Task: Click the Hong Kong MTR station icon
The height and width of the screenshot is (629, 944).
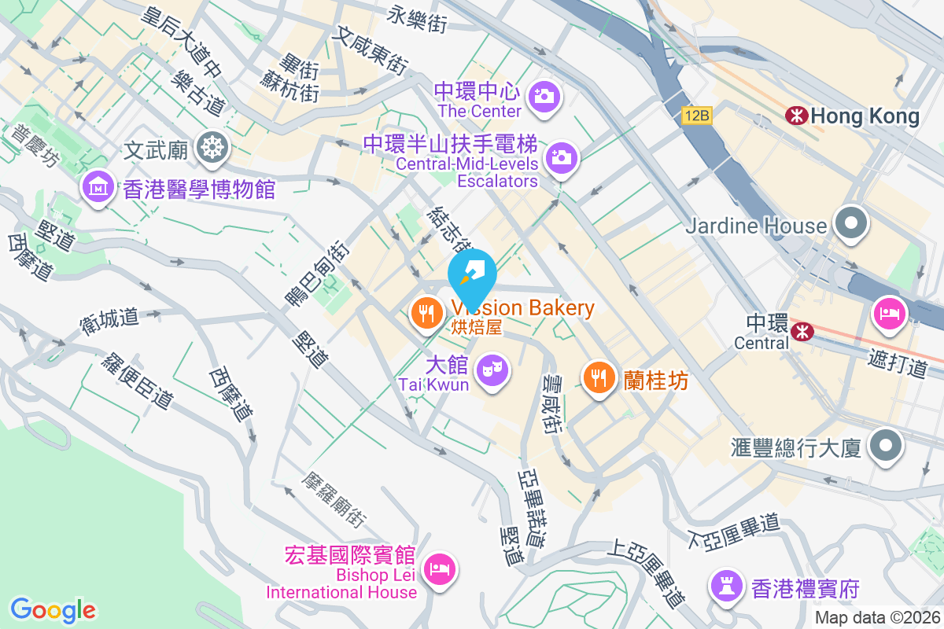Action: tap(797, 116)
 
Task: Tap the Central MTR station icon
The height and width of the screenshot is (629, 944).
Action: tap(802, 331)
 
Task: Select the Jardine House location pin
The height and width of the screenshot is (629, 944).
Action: tap(850, 224)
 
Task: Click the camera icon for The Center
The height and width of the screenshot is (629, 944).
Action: tap(543, 96)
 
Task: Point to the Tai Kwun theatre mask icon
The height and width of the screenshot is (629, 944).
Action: tap(493, 368)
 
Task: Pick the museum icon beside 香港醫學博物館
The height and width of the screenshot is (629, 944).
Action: tap(97, 187)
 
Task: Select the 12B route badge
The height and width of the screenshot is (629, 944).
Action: tap(696, 116)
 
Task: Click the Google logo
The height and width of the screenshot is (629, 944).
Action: tap(53, 610)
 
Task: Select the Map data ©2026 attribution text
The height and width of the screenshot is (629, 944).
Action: tap(877, 618)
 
